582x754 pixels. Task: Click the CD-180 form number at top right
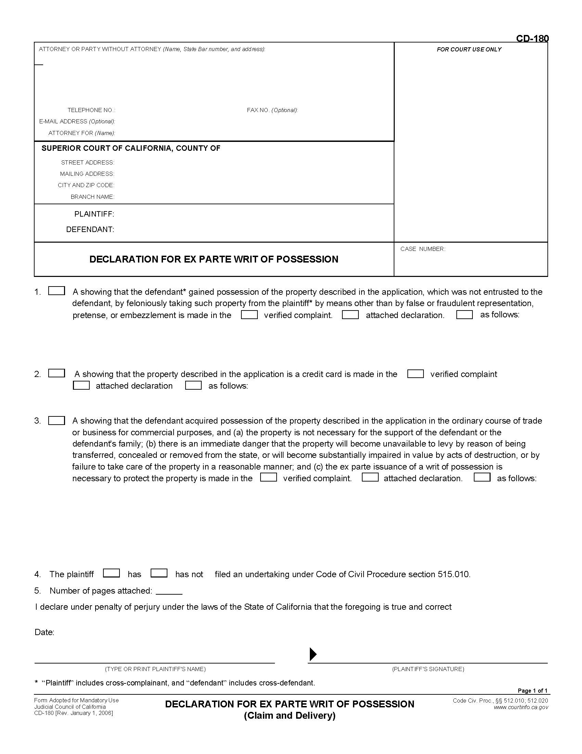[x=532, y=38]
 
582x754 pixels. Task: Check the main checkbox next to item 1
[x=56, y=291]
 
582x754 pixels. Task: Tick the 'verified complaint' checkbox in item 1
[x=249, y=315]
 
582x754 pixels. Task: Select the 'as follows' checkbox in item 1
[x=464, y=315]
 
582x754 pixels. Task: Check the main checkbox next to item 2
[x=56, y=373]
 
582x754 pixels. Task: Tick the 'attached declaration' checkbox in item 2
[x=81, y=385]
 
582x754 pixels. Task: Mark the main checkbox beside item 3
[x=56, y=421]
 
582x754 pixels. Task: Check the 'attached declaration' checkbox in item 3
[x=370, y=477]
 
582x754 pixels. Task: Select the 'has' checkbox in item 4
[x=111, y=573]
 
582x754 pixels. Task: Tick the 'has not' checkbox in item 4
[x=159, y=573]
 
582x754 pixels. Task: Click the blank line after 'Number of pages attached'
[x=169, y=592]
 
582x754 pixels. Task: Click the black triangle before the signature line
[x=313, y=654]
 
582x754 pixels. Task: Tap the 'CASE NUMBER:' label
[x=423, y=249]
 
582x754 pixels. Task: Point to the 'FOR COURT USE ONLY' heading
[x=469, y=49]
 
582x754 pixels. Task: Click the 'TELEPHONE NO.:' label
[x=91, y=110]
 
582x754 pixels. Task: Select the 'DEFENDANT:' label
[x=90, y=229]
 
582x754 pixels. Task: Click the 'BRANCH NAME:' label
[x=92, y=197]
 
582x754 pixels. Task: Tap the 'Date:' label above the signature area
[x=45, y=632]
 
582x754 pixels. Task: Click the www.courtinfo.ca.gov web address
[x=521, y=707]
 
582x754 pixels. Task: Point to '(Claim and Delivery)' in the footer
[x=290, y=715]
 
